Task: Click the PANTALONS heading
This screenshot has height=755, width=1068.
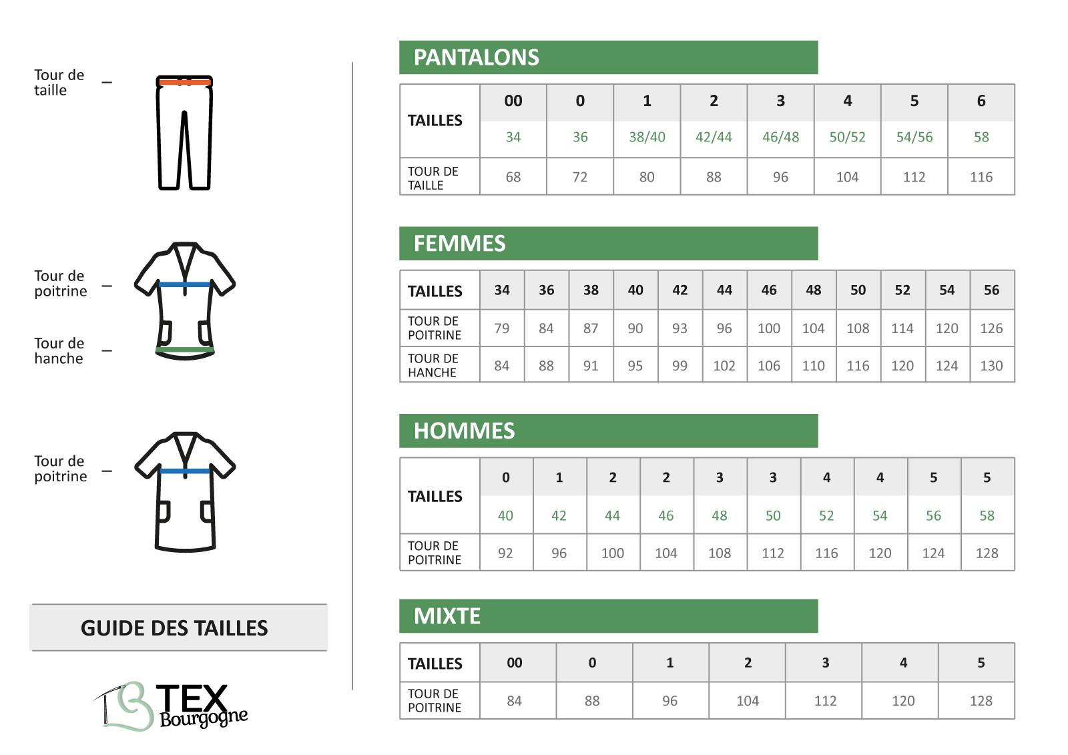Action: click(x=476, y=57)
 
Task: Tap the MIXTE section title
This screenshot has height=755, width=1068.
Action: click(x=447, y=616)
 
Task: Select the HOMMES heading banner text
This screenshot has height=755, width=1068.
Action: click(x=464, y=431)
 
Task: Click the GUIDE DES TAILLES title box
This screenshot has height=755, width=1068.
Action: click(x=178, y=627)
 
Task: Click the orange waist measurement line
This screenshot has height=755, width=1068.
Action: click(x=185, y=82)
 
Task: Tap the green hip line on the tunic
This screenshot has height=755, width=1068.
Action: click(x=185, y=350)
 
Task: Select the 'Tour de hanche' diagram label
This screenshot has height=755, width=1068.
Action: click(x=59, y=350)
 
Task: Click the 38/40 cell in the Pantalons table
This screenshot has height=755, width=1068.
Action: click(x=647, y=138)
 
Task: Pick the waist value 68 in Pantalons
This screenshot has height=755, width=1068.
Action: click(x=513, y=177)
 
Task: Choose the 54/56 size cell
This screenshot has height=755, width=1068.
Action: click(x=914, y=138)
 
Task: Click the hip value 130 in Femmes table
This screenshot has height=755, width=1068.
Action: click(x=991, y=366)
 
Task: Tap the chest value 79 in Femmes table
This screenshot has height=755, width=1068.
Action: click(x=501, y=328)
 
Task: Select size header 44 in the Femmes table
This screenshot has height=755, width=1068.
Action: click(x=724, y=290)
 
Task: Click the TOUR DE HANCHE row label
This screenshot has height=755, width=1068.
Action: click(x=433, y=365)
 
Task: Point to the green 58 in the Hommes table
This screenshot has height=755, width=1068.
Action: click(x=987, y=515)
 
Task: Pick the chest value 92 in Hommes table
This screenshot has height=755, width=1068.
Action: click(x=505, y=553)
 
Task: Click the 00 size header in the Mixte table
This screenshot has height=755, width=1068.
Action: click(x=514, y=663)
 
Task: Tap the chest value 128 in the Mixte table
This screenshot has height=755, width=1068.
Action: click(x=981, y=701)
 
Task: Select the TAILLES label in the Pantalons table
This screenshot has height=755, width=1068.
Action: click(x=435, y=121)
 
